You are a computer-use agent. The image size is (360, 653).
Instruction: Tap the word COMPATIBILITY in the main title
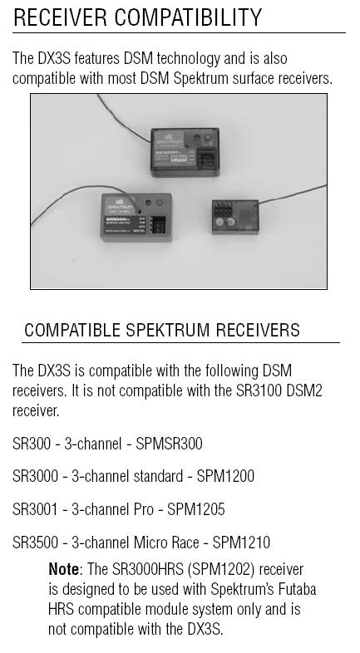coord(188,17)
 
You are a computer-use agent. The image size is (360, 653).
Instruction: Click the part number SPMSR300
coord(169,443)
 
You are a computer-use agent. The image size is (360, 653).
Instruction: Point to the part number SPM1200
coord(225,476)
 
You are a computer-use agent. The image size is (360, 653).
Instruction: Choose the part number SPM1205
coord(196,509)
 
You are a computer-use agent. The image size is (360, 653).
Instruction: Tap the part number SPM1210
coord(241,543)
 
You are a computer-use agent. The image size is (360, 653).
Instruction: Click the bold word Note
coord(63,569)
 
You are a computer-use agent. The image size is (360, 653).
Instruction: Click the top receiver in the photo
coord(185,152)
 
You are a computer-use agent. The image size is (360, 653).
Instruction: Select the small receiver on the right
coord(235,217)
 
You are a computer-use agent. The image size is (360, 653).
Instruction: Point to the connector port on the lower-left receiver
coord(158,225)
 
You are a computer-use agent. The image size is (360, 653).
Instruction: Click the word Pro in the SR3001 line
coord(144,509)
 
